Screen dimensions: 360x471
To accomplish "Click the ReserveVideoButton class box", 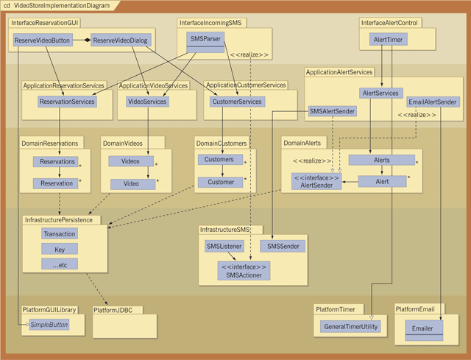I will click(x=43, y=41).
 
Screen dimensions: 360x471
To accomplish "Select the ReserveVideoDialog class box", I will click(x=119, y=41).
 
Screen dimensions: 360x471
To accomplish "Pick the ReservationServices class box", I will click(x=68, y=102).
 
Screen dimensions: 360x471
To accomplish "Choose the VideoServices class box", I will click(x=147, y=102).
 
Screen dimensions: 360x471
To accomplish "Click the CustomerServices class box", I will click(x=236, y=102).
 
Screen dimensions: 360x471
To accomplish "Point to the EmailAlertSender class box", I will click(x=433, y=102).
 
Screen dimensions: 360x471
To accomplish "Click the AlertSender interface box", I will click(x=316, y=181).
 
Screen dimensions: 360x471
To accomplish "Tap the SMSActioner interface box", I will click(x=244, y=270).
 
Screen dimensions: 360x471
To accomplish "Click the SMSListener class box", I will click(x=224, y=246).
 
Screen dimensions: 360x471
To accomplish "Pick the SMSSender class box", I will click(x=283, y=246).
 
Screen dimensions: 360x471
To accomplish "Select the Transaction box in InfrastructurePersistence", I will click(x=59, y=233).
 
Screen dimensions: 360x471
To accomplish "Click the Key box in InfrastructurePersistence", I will click(x=59, y=249).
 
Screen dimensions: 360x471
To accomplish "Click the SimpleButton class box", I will click(x=50, y=324).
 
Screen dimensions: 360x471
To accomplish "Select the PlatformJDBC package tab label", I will click(x=118, y=311).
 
